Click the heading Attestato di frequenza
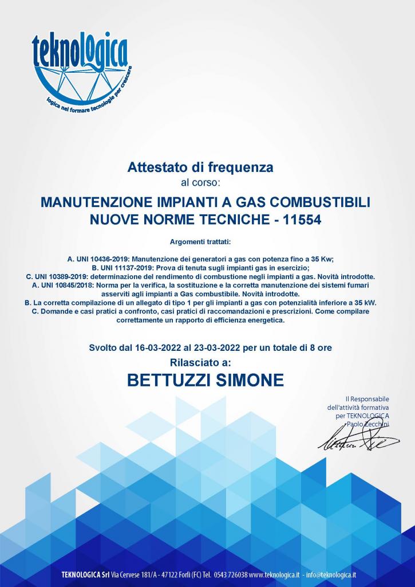(x=200, y=167)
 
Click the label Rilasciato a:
(x=200, y=362)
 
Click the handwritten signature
(x=358, y=440)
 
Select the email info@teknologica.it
(x=331, y=575)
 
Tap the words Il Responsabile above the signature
(x=367, y=398)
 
